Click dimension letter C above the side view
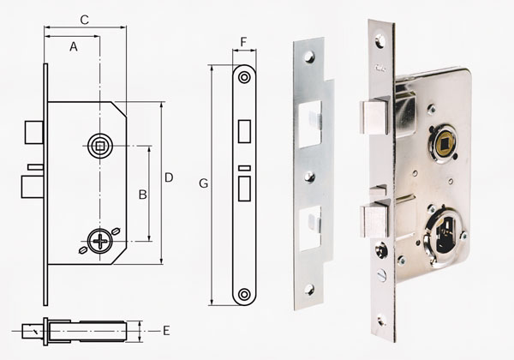(x=85, y=20)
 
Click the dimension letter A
(x=74, y=47)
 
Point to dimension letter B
(x=142, y=195)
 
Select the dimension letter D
(x=169, y=177)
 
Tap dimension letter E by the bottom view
(x=166, y=331)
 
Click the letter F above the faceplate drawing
(x=243, y=42)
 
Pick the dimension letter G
(x=204, y=183)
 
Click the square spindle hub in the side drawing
(x=100, y=146)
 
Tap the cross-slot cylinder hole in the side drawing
(x=100, y=242)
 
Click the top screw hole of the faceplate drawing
(x=244, y=77)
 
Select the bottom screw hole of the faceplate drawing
(x=244, y=294)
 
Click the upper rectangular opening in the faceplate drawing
(x=244, y=131)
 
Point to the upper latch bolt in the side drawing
(x=34, y=133)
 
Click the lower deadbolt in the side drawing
(x=33, y=187)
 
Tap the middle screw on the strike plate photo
(x=309, y=177)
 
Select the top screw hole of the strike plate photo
(x=309, y=57)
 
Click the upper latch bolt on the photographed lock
(x=375, y=117)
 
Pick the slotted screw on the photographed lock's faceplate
(x=381, y=275)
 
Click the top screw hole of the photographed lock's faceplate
(x=380, y=41)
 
